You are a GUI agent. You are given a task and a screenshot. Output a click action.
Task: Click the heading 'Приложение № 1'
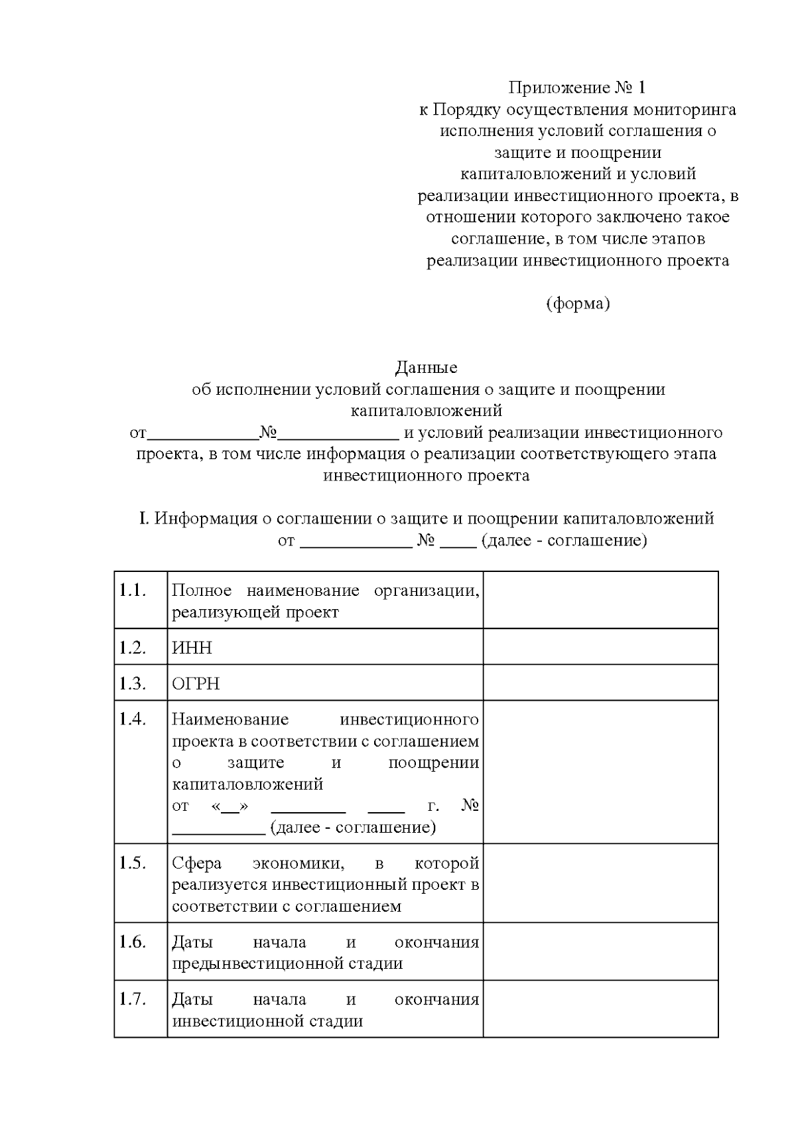click(577, 88)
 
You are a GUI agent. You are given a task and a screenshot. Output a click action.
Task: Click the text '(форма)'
click(577, 303)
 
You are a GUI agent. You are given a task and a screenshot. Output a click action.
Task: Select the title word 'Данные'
click(427, 367)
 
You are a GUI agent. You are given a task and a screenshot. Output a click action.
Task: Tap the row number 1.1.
click(132, 590)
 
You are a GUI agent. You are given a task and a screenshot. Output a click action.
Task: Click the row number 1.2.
click(132, 648)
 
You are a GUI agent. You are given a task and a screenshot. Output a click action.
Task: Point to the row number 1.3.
click(132, 683)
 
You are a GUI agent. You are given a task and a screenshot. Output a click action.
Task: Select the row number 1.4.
click(132, 719)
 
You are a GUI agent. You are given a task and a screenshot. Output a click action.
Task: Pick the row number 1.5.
click(132, 863)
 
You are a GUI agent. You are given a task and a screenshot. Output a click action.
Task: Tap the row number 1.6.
click(132, 942)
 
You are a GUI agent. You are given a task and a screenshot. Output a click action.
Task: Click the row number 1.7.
click(132, 999)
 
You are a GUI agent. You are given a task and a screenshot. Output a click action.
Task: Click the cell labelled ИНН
click(192, 648)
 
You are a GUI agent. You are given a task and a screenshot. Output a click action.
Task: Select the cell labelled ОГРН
click(196, 683)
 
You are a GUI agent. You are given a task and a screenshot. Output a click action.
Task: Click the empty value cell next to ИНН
click(600, 647)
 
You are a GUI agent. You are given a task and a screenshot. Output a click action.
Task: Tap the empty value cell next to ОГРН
click(600, 683)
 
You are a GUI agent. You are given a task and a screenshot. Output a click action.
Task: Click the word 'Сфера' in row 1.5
click(196, 863)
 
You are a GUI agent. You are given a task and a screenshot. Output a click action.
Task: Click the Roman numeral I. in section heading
click(144, 518)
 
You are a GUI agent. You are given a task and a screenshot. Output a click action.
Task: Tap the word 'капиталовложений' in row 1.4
click(247, 784)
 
